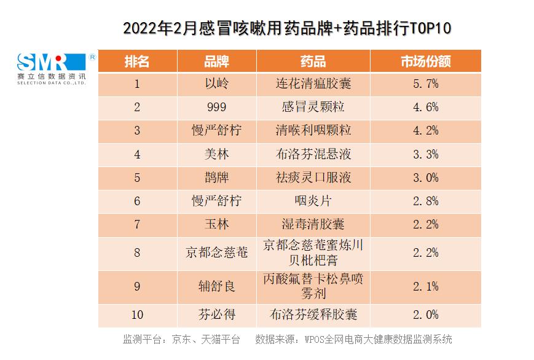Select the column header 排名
(137, 61)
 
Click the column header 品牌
(216, 61)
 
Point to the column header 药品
(313, 61)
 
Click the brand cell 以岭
(216, 84)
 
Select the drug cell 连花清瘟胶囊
(313, 84)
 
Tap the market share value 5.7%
(425, 84)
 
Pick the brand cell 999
(216, 107)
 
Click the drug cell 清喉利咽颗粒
(313, 130)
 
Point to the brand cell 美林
(216, 154)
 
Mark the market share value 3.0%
(425, 178)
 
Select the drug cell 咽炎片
(313, 201)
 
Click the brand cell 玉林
(216, 224)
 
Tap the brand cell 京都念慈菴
(216, 252)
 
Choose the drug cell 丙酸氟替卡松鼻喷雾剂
(313, 286)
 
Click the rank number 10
(137, 315)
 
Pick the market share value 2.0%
(425, 315)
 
